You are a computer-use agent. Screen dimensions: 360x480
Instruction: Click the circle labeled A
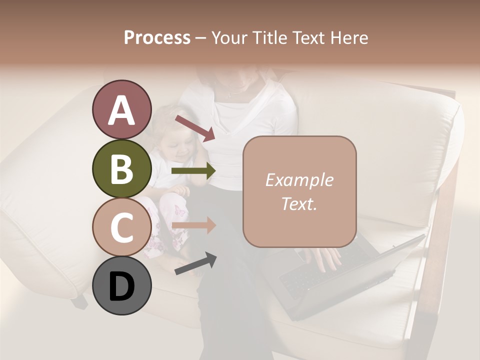pyautogui.click(x=121, y=110)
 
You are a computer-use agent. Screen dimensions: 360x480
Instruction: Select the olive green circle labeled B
pyautogui.click(x=121, y=168)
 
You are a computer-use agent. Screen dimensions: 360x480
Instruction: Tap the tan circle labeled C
pyautogui.click(x=121, y=227)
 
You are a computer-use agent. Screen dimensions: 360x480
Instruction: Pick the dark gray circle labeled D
pyautogui.click(x=121, y=285)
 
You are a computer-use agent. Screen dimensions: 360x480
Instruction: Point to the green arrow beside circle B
pyautogui.click(x=193, y=171)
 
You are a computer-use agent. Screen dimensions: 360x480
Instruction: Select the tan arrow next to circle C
pyautogui.click(x=193, y=225)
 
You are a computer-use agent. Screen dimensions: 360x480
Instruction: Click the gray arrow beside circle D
pyautogui.click(x=195, y=264)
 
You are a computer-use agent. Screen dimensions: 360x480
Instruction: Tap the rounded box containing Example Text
pyautogui.click(x=299, y=192)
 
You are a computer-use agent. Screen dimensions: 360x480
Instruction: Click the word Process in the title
pyautogui.click(x=157, y=37)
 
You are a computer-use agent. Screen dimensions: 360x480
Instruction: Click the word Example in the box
pyautogui.click(x=299, y=180)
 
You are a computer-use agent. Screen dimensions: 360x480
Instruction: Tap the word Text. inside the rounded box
pyautogui.click(x=299, y=204)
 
